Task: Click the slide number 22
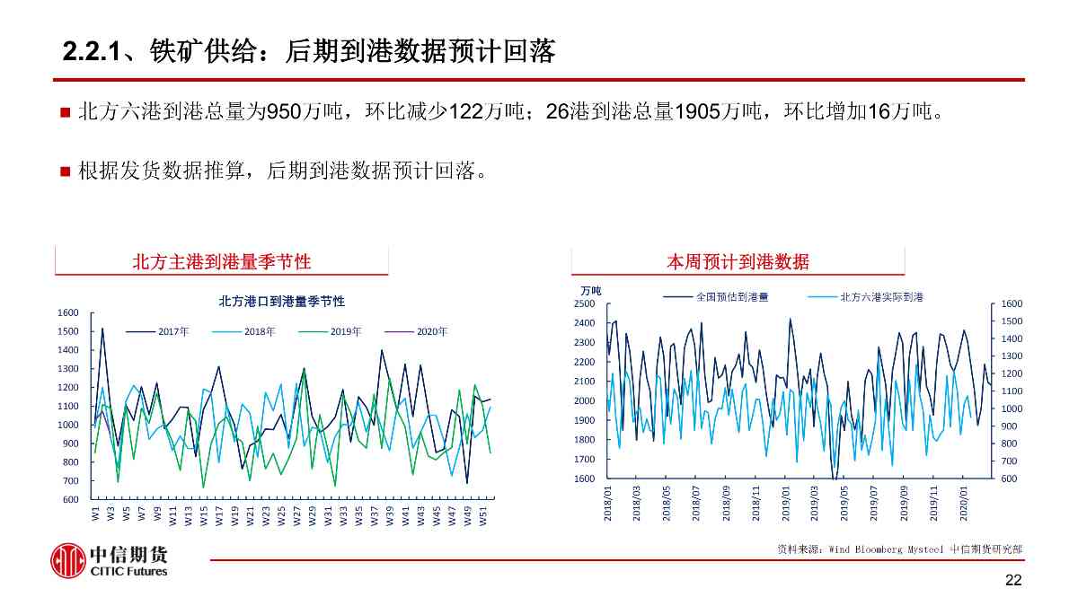coord(1013,581)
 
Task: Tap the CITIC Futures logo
coord(108,560)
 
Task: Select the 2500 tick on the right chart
coord(584,303)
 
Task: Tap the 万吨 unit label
coord(590,290)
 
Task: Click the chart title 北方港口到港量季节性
coord(281,301)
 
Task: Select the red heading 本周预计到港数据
coord(738,261)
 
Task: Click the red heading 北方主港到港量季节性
coord(221,261)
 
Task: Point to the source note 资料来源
coord(898,549)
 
